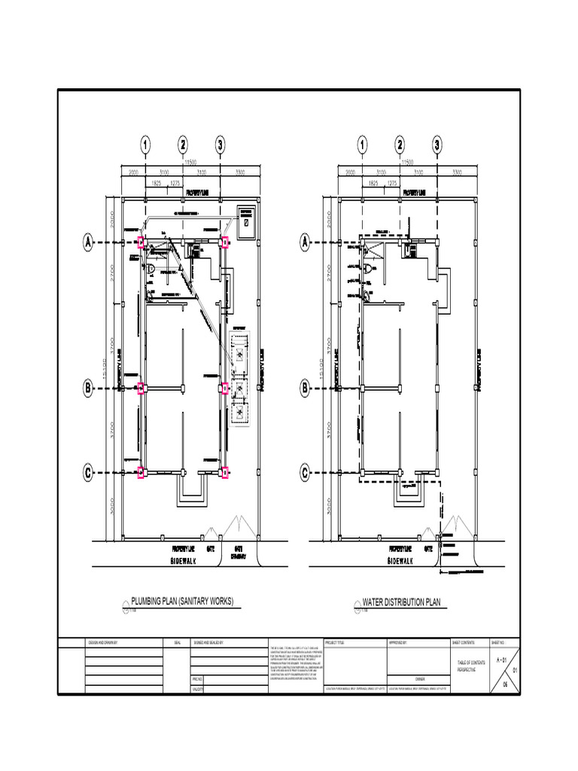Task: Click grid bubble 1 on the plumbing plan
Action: (x=144, y=145)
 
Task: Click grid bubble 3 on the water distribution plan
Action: (x=437, y=145)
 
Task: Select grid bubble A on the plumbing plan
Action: (x=88, y=242)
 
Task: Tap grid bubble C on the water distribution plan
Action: (x=306, y=473)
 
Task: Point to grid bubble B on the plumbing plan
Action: (x=88, y=389)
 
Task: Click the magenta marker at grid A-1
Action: (x=141, y=242)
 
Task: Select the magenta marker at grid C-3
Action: (x=224, y=473)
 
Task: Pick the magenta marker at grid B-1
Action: (x=141, y=388)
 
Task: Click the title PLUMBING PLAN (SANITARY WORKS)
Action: (x=183, y=601)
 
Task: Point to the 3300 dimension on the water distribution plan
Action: (x=456, y=172)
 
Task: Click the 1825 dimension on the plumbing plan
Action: (x=157, y=183)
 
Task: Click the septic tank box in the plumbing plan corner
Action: (x=245, y=217)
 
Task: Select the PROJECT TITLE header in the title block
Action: (x=336, y=643)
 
